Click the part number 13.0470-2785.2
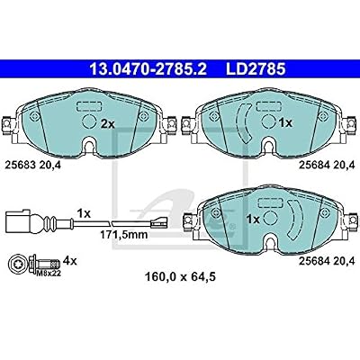pyautogui.click(x=148, y=69)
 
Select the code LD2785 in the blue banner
pyautogui.click(x=256, y=69)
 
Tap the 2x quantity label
pyautogui.click(x=108, y=123)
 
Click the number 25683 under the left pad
pyautogui.click(x=21, y=165)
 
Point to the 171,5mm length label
pyautogui.click(x=124, y=235)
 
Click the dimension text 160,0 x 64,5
pyautogui.click(x=180, y=276)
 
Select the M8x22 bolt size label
pyautogui.click(x=48, y=273)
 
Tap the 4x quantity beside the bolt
pyautogui.click(x=71, y=261)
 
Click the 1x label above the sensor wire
pyautogui.click(x=84, y=213)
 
